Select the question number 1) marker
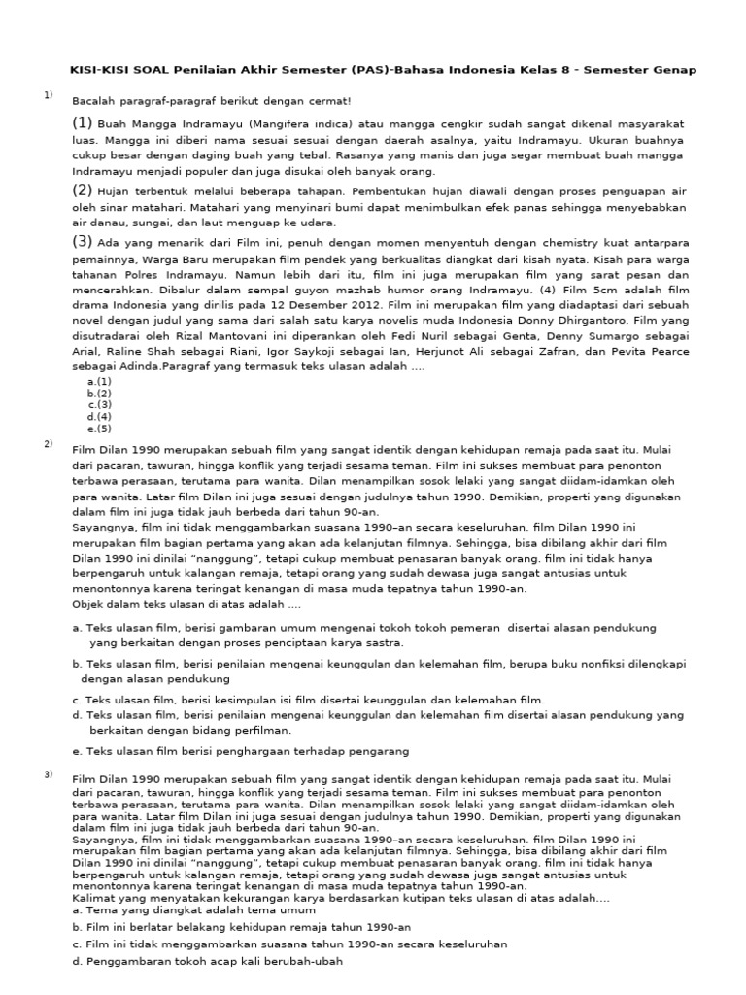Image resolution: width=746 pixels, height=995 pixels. [x=47, y=94]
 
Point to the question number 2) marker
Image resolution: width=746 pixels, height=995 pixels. [x=47, y=444]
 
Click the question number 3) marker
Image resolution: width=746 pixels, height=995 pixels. [x=47, y=773]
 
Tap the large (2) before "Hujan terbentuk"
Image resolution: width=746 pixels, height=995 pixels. [x=82, y=190]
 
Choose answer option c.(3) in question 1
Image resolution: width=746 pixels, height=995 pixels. [x=99, y=404]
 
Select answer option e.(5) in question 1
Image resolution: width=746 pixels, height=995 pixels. [x=99, y=428]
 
